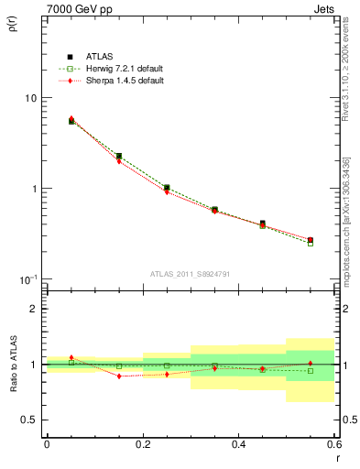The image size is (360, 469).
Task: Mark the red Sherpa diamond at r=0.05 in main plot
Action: (71, 119)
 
